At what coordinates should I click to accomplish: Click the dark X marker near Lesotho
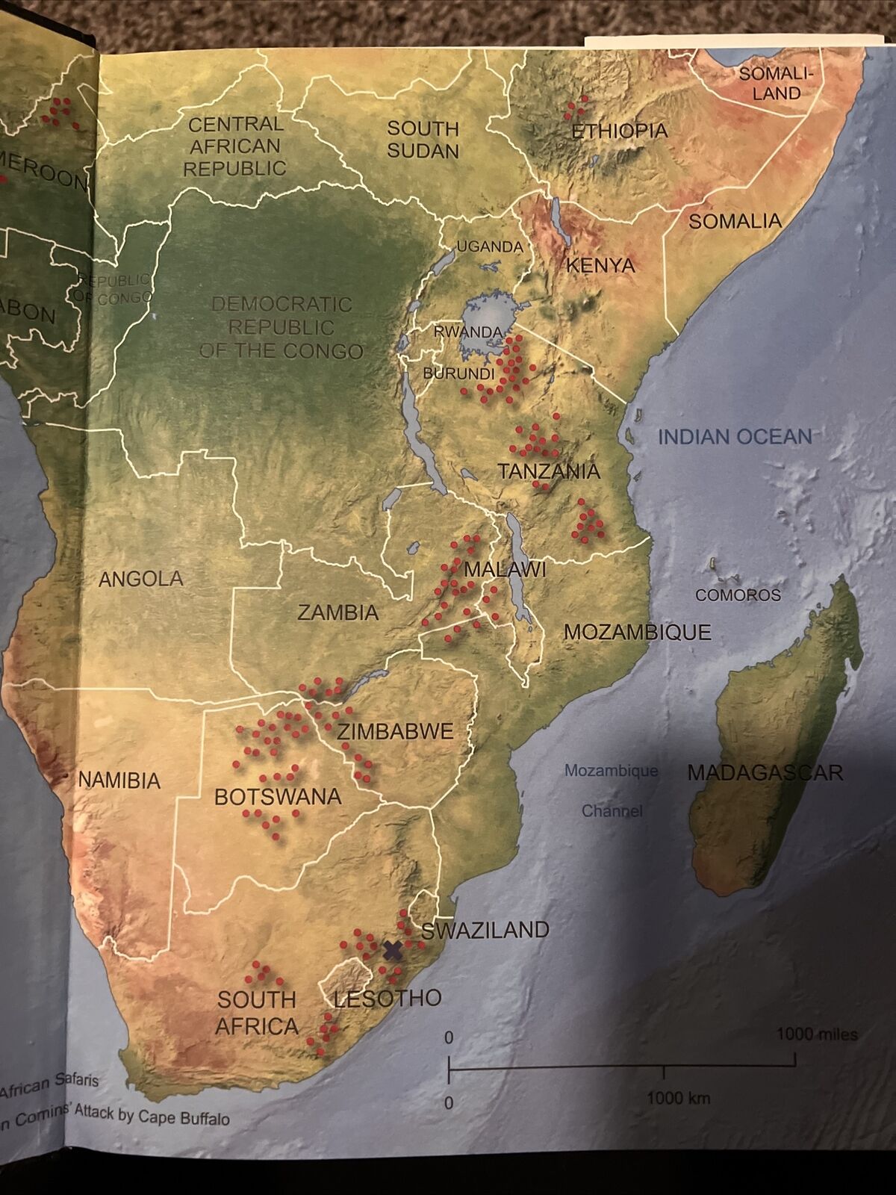tap(393, 950)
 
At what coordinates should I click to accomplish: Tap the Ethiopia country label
tap(620, 131)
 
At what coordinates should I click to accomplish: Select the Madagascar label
tap(765, 772)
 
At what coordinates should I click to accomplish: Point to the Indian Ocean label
tap(735, 436)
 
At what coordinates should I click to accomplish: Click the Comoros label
tap(738, 595)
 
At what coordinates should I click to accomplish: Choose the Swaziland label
tap(485, 930)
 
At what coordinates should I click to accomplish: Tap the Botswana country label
tap(278, 796)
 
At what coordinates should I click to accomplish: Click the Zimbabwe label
tap(395, 730)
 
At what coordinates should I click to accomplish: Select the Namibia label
tap(119, 780)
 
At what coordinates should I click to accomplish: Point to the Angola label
tap(141, 578)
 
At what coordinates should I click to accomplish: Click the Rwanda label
tap(467, 332)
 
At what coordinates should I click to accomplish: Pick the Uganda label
tap(489, 246)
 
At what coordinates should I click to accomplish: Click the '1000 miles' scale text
tap(817, 1034)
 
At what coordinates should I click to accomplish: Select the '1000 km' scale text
tap(678, 1097)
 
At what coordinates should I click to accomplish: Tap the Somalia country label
tap(735, 221)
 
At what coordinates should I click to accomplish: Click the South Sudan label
tap(423, 140)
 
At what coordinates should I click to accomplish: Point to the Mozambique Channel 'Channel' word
tap(612, 810)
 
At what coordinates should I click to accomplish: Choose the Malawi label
tap(505, 570)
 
